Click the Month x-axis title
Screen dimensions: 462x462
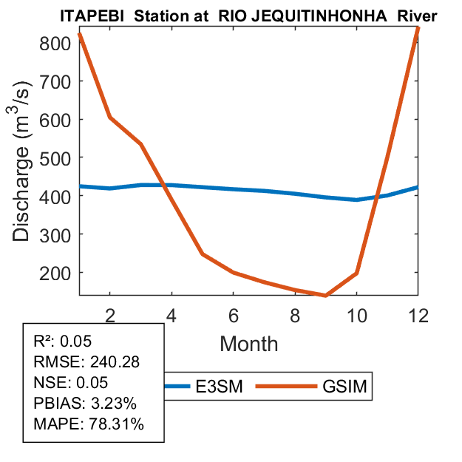(248, 343)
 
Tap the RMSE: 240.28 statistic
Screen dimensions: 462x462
(87, 362)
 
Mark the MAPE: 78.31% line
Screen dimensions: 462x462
(89, 424)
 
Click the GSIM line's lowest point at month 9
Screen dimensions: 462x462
(325, 296)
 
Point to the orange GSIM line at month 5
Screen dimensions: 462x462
(203, 254)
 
